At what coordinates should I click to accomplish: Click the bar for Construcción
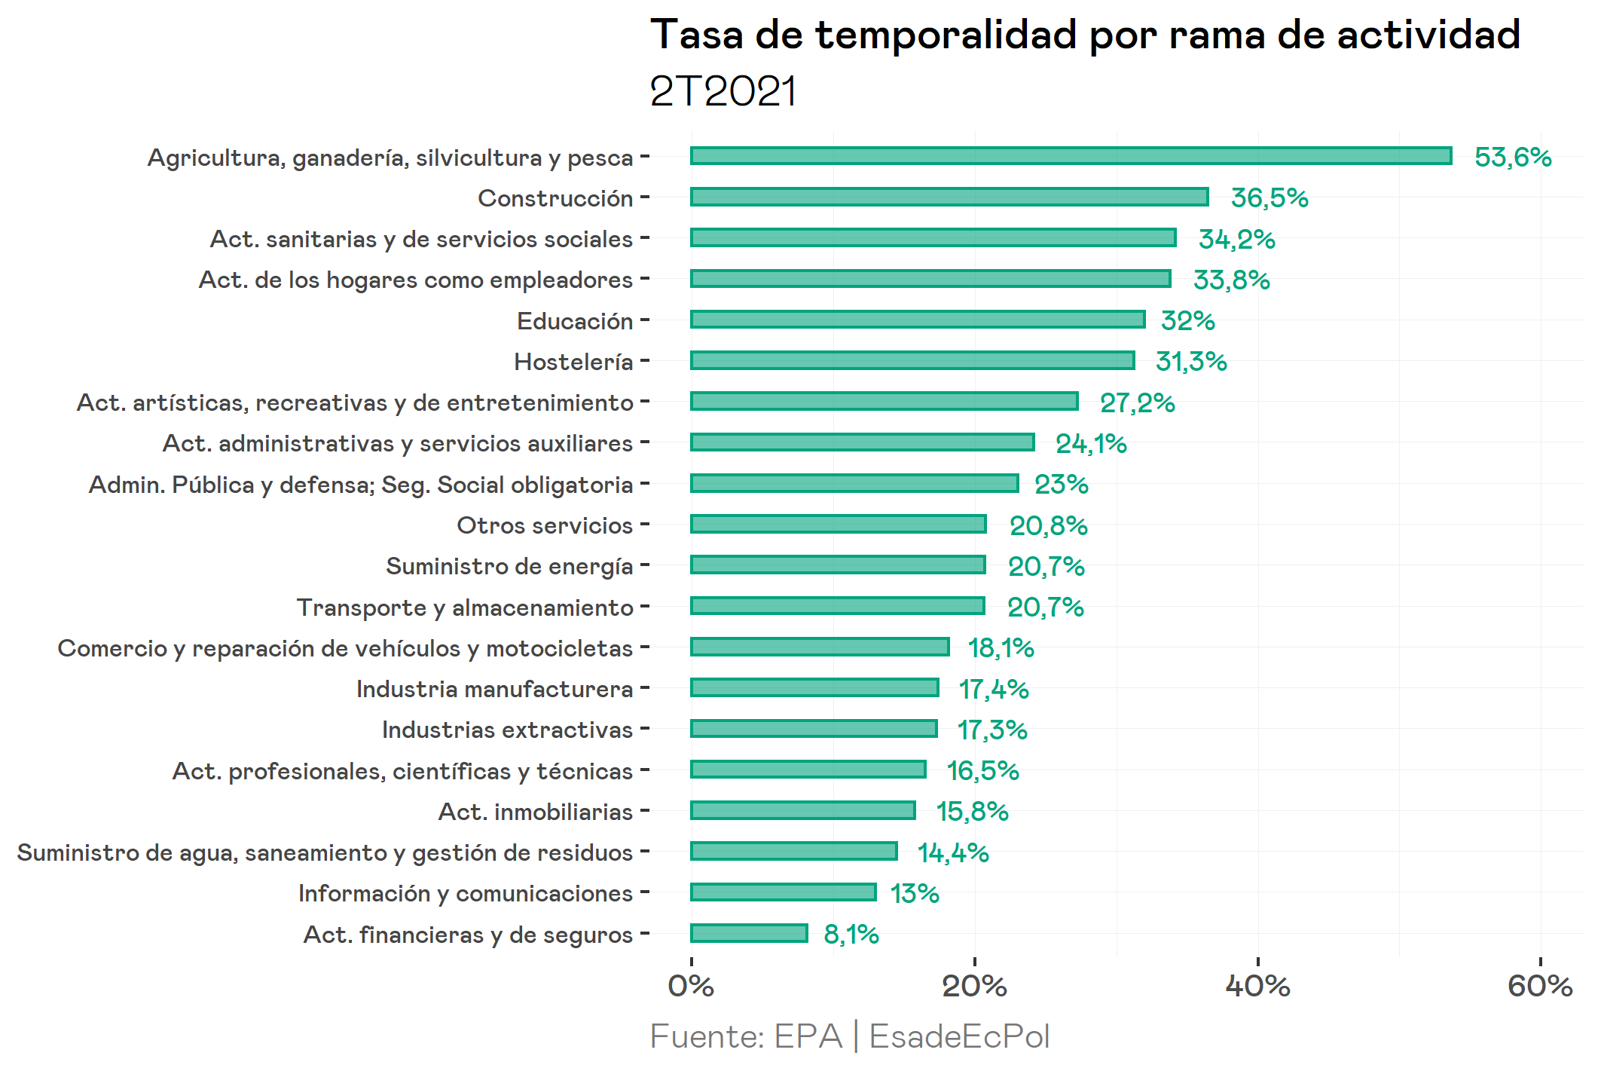click(x=949, y=197)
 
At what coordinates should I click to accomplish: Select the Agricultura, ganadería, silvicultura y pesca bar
click(x=1071, y=156)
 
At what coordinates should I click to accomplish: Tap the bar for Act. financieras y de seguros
click(x=749, y=933)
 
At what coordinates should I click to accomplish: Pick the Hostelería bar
click(x=912, y=360)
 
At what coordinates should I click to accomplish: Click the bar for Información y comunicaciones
click(x=784, y=892)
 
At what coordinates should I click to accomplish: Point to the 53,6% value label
click(x=1512, y=158)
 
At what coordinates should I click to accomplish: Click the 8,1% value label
click(x=851, y=935)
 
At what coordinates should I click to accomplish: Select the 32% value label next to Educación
click(x=1187, y=321)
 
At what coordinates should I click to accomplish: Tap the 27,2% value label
click(x=1137, y=403)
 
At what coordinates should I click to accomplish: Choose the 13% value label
click(x=915, y=894)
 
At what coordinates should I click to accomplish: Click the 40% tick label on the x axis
click(x=1257, y=986)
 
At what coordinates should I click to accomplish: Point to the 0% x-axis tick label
click(x=691, y=986)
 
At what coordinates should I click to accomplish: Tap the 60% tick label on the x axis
click(x=1540, y=986)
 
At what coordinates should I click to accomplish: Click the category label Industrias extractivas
click(x=507, y=730)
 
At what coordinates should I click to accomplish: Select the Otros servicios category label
click(x=545, y=525)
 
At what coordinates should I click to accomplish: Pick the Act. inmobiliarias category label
click(x=536, y=812)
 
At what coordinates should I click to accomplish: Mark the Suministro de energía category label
click(x=509, y=566)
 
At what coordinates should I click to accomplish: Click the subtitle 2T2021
click(x=723, y=92)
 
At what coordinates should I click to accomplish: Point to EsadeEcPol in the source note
click(x=959, y=1036)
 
